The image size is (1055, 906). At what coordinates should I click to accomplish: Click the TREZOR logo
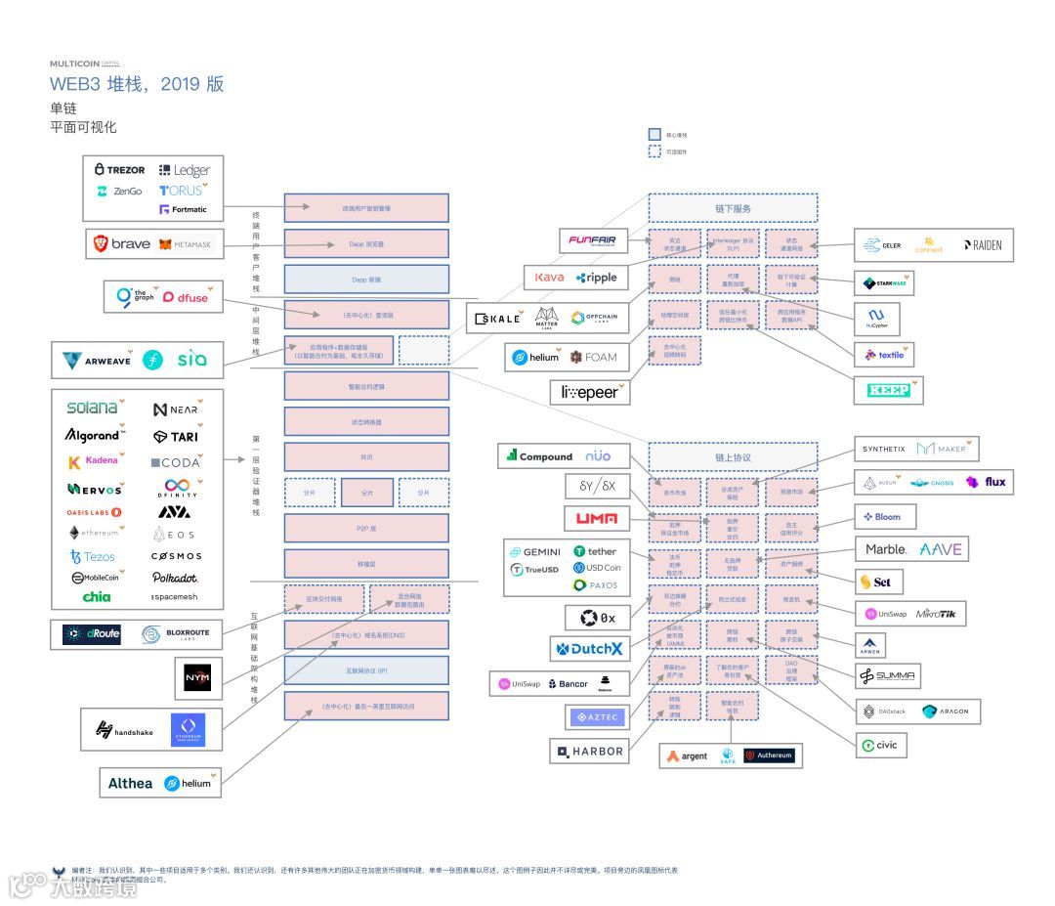click(119, 170)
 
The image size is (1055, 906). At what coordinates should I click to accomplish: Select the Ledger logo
click(185, 170)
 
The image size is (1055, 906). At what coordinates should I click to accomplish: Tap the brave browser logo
click(122, 243)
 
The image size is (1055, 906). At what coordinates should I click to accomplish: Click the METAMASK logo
click(186, 244)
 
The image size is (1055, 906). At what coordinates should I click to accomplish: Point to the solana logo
click(94, 408)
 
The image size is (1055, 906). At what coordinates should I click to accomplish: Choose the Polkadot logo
click(175, 578)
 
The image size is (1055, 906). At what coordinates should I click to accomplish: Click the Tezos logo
click(93, 556)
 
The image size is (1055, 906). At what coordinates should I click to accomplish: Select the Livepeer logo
click(589, 393)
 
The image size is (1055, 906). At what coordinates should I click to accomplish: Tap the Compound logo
click(539, 456)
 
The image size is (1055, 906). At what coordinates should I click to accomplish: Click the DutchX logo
click(589, 648)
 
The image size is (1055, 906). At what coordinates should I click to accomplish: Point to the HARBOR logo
click(589, 751)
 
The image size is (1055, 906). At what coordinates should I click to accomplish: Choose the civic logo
click(879, 745)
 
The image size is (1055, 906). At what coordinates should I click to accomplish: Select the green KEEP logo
click(888, 390)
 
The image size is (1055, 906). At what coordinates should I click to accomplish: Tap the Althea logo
click(130, 783)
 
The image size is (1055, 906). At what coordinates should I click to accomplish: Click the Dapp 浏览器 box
click(366, 243)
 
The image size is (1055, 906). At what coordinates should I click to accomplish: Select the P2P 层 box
click(366, 528)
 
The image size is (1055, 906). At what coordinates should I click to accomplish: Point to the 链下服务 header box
click(733, 208)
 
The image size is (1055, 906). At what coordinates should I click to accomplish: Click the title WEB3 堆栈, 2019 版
click(137, 84)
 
